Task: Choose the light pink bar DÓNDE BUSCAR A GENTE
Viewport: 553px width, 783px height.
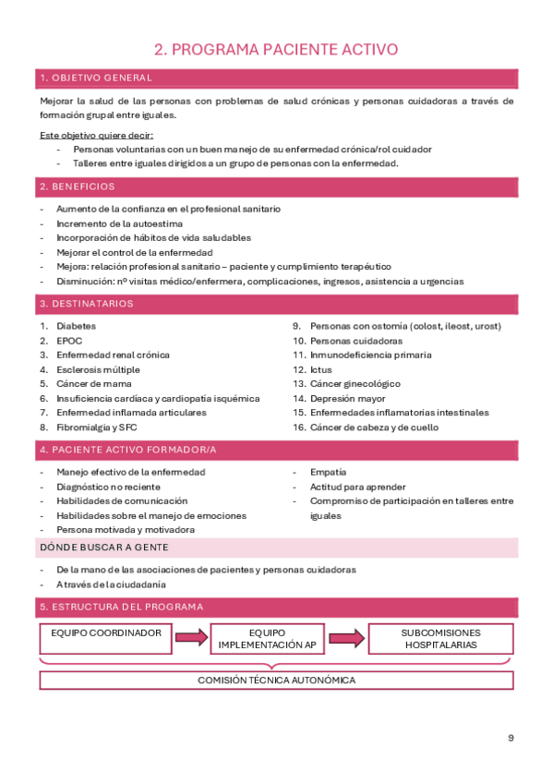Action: point(276,548)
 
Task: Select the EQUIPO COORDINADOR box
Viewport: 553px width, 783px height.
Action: point(106,638)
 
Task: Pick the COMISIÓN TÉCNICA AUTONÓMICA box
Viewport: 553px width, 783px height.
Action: point(276,681)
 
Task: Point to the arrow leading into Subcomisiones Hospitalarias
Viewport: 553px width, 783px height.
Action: point(346,638)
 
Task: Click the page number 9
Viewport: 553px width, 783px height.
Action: point(511,738)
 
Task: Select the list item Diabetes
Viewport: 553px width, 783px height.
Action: point(76,326)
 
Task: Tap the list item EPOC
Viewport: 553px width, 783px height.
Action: point(69,341)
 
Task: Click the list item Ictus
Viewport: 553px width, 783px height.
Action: point(320,369)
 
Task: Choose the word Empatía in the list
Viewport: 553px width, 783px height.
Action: point(328,472)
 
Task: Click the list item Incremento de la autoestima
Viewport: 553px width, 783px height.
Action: point(119,223)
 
